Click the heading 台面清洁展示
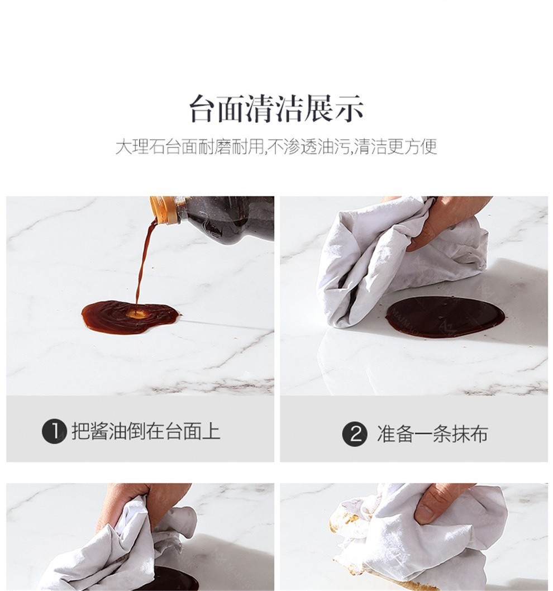point(276,109)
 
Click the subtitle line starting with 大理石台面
point(276,146)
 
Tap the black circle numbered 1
point(54,432)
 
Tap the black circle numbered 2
point(354,434)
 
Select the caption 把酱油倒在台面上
point(146,432)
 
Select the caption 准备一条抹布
point(432,434)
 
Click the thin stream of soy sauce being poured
point(144,264)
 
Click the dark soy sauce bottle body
point(226,218)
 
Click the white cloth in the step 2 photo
point(392,264)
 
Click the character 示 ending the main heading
point(350,109)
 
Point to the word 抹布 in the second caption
point(470,434)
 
